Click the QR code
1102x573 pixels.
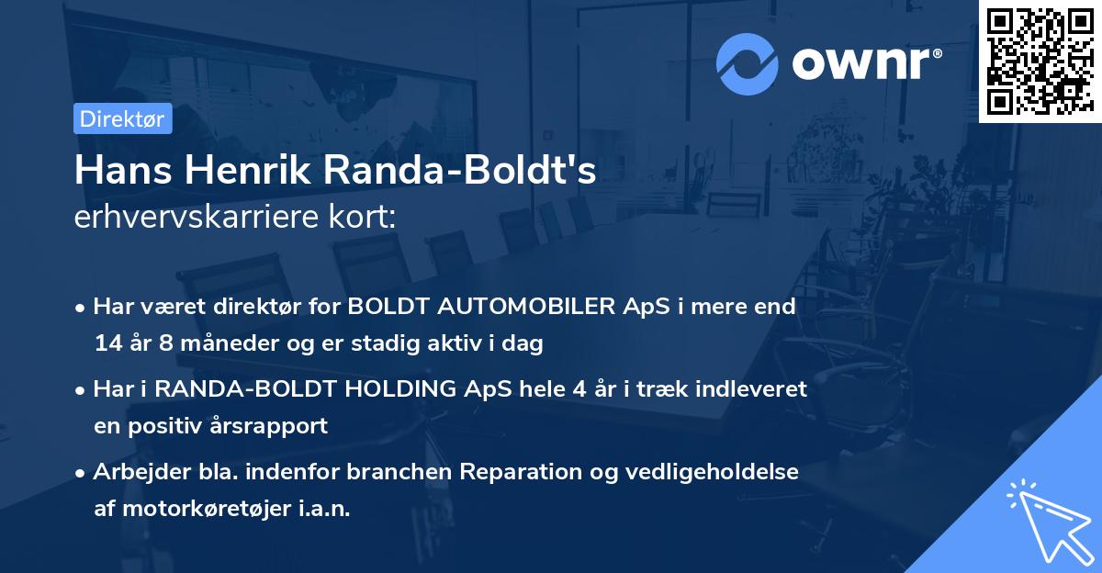(x=1040, y=62)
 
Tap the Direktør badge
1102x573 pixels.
(x=122, y=118)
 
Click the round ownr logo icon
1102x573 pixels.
(x=747, y=64)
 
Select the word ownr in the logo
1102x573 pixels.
(x=863, y=64)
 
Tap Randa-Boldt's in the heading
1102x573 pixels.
(x=465, y=172)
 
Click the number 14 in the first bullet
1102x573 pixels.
(x=107, y=344)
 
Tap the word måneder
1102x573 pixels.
(x=226, y=344)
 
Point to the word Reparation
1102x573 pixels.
(x=516, y=471)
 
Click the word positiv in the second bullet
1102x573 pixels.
(x=174, y=426)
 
